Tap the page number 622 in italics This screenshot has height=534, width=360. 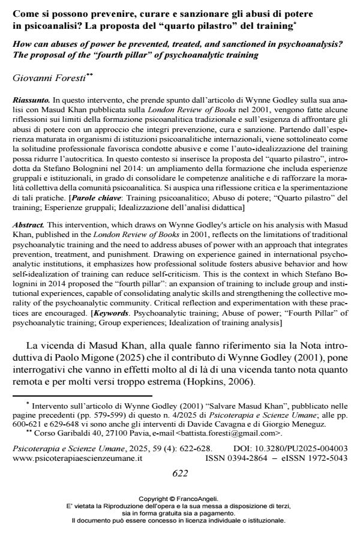click(x=180, y=473)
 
